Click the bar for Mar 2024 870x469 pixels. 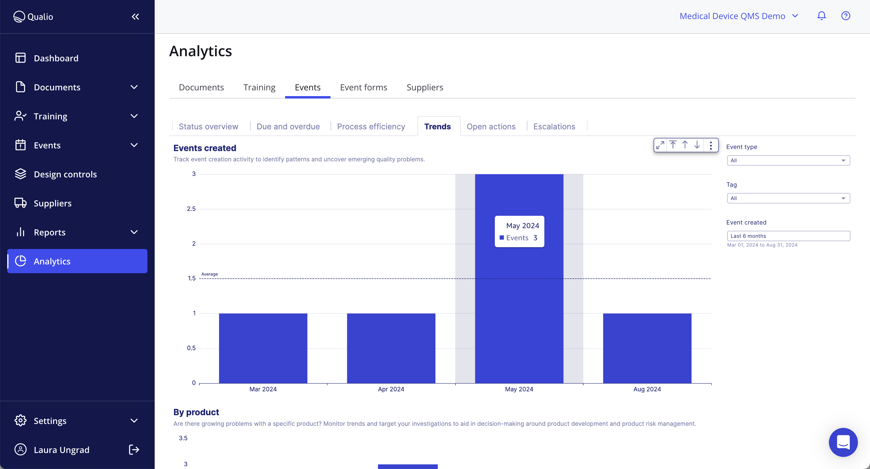[263, 348]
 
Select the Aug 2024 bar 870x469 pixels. [647, 348]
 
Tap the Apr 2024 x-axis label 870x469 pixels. [391, 389]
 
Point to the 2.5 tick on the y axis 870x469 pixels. [191, 209]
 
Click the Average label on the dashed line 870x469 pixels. [209, 274]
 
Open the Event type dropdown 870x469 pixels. [788, 160]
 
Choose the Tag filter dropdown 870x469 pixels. [788, 198]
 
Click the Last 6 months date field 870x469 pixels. [788, 236]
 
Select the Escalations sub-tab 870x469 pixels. [554, 126]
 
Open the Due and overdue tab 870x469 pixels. [288, 126]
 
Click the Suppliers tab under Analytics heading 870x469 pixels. [424, 87]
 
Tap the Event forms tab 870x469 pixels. [363, 87]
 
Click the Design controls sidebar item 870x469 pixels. [65, 174]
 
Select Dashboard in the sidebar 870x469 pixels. [56, 58]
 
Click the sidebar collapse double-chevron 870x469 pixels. [135, 17]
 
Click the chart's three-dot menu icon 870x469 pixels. [711, 145]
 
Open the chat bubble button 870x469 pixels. [843, 442]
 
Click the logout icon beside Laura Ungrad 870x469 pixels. [134, 450]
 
